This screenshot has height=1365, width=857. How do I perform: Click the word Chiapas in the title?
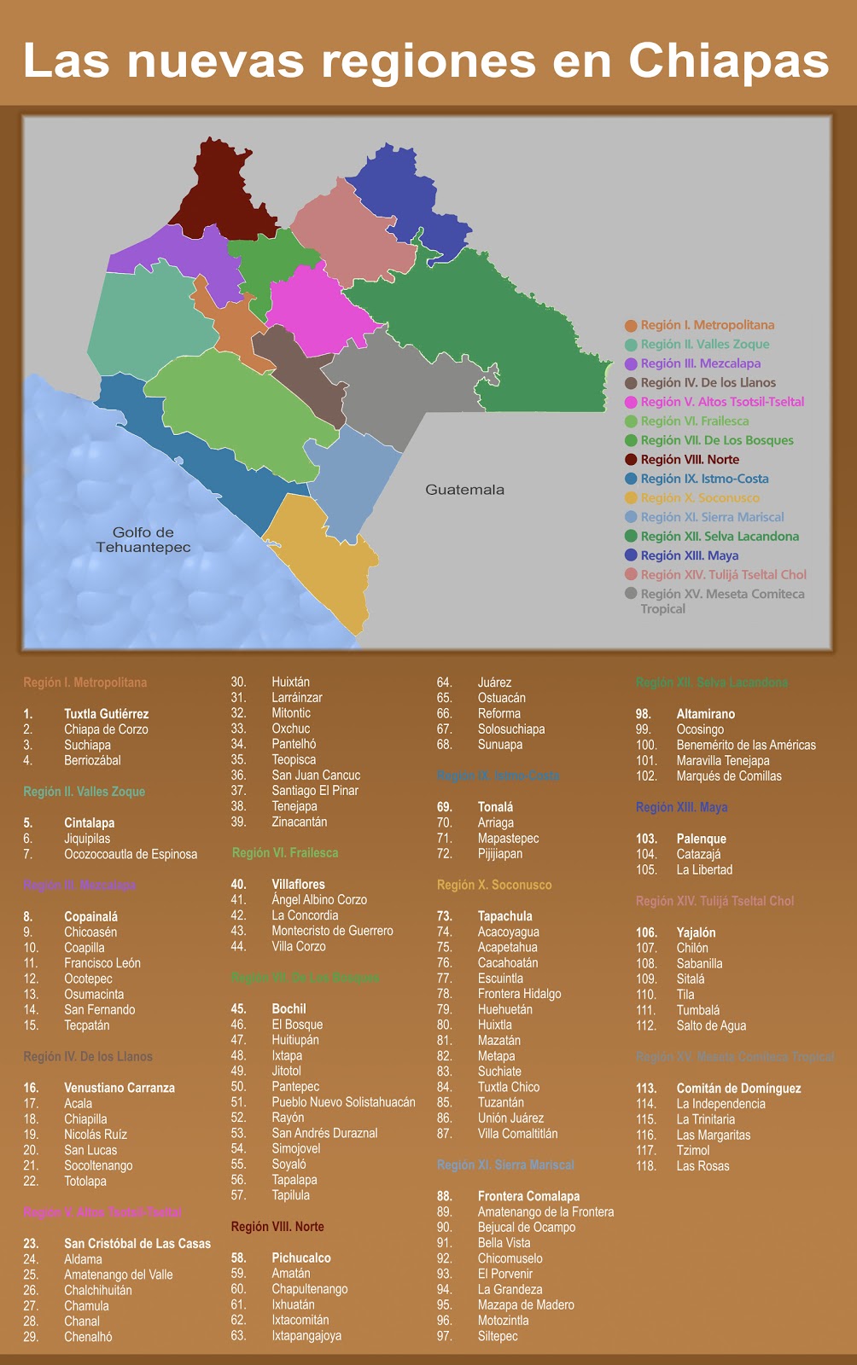(x=728, y=61)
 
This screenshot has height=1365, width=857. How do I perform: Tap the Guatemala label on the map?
(x=464, y=490)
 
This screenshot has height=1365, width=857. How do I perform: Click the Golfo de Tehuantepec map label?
(x=143, y=539)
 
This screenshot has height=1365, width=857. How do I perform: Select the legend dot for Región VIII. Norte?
(x=631, y=460)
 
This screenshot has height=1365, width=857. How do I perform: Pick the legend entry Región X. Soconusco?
(x=699, y=498)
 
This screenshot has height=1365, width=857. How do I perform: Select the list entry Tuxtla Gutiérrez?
(x=106, y=714)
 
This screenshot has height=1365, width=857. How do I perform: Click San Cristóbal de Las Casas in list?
(x=137, y=1244)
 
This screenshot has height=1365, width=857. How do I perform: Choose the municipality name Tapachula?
(x=504, y=916)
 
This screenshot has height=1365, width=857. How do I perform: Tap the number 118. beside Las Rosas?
(x=646, y=1166)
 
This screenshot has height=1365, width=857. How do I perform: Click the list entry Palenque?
(x=701, y=839)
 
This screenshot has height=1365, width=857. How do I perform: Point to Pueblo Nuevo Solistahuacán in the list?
(x=343, y=1102)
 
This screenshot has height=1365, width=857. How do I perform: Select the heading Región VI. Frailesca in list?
(x=285, y=853)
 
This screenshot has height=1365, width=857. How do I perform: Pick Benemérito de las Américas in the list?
(x=745, y=745)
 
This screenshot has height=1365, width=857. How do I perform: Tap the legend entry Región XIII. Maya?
(x=689, y=555)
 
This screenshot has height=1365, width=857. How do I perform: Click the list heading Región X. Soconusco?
(x=494, y=885)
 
